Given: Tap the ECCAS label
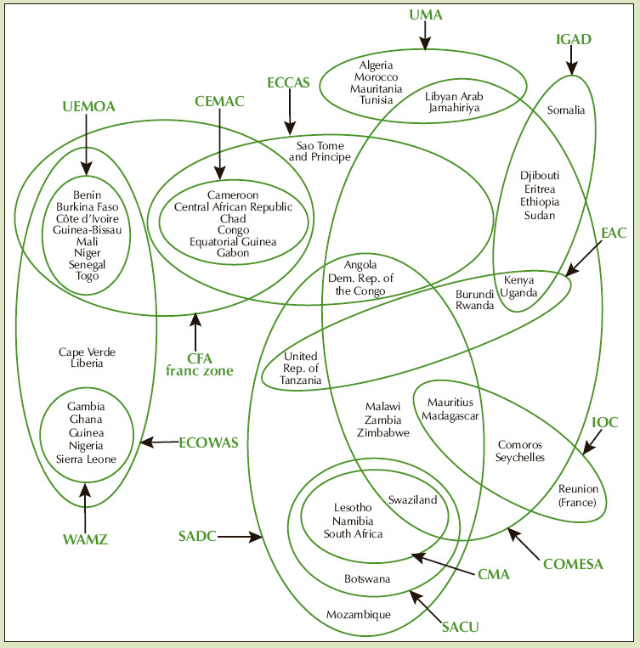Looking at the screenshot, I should (288, 82).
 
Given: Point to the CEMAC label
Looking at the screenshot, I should (218, 102).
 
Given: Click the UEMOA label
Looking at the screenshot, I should (88, 106).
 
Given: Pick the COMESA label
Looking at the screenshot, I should (572, 563).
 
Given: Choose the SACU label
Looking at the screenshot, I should (461, 628).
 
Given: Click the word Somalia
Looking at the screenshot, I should (566, 110).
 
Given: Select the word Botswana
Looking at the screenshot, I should (367, 578).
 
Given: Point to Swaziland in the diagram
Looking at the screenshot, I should (412, 500).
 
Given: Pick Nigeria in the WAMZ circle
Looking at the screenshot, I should (86, 445).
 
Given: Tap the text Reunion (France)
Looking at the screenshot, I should (578, 495).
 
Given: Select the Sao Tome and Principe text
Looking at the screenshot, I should (320, 151).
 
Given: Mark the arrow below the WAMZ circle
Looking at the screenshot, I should (85, 505).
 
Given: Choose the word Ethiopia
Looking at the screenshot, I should (540, 202).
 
